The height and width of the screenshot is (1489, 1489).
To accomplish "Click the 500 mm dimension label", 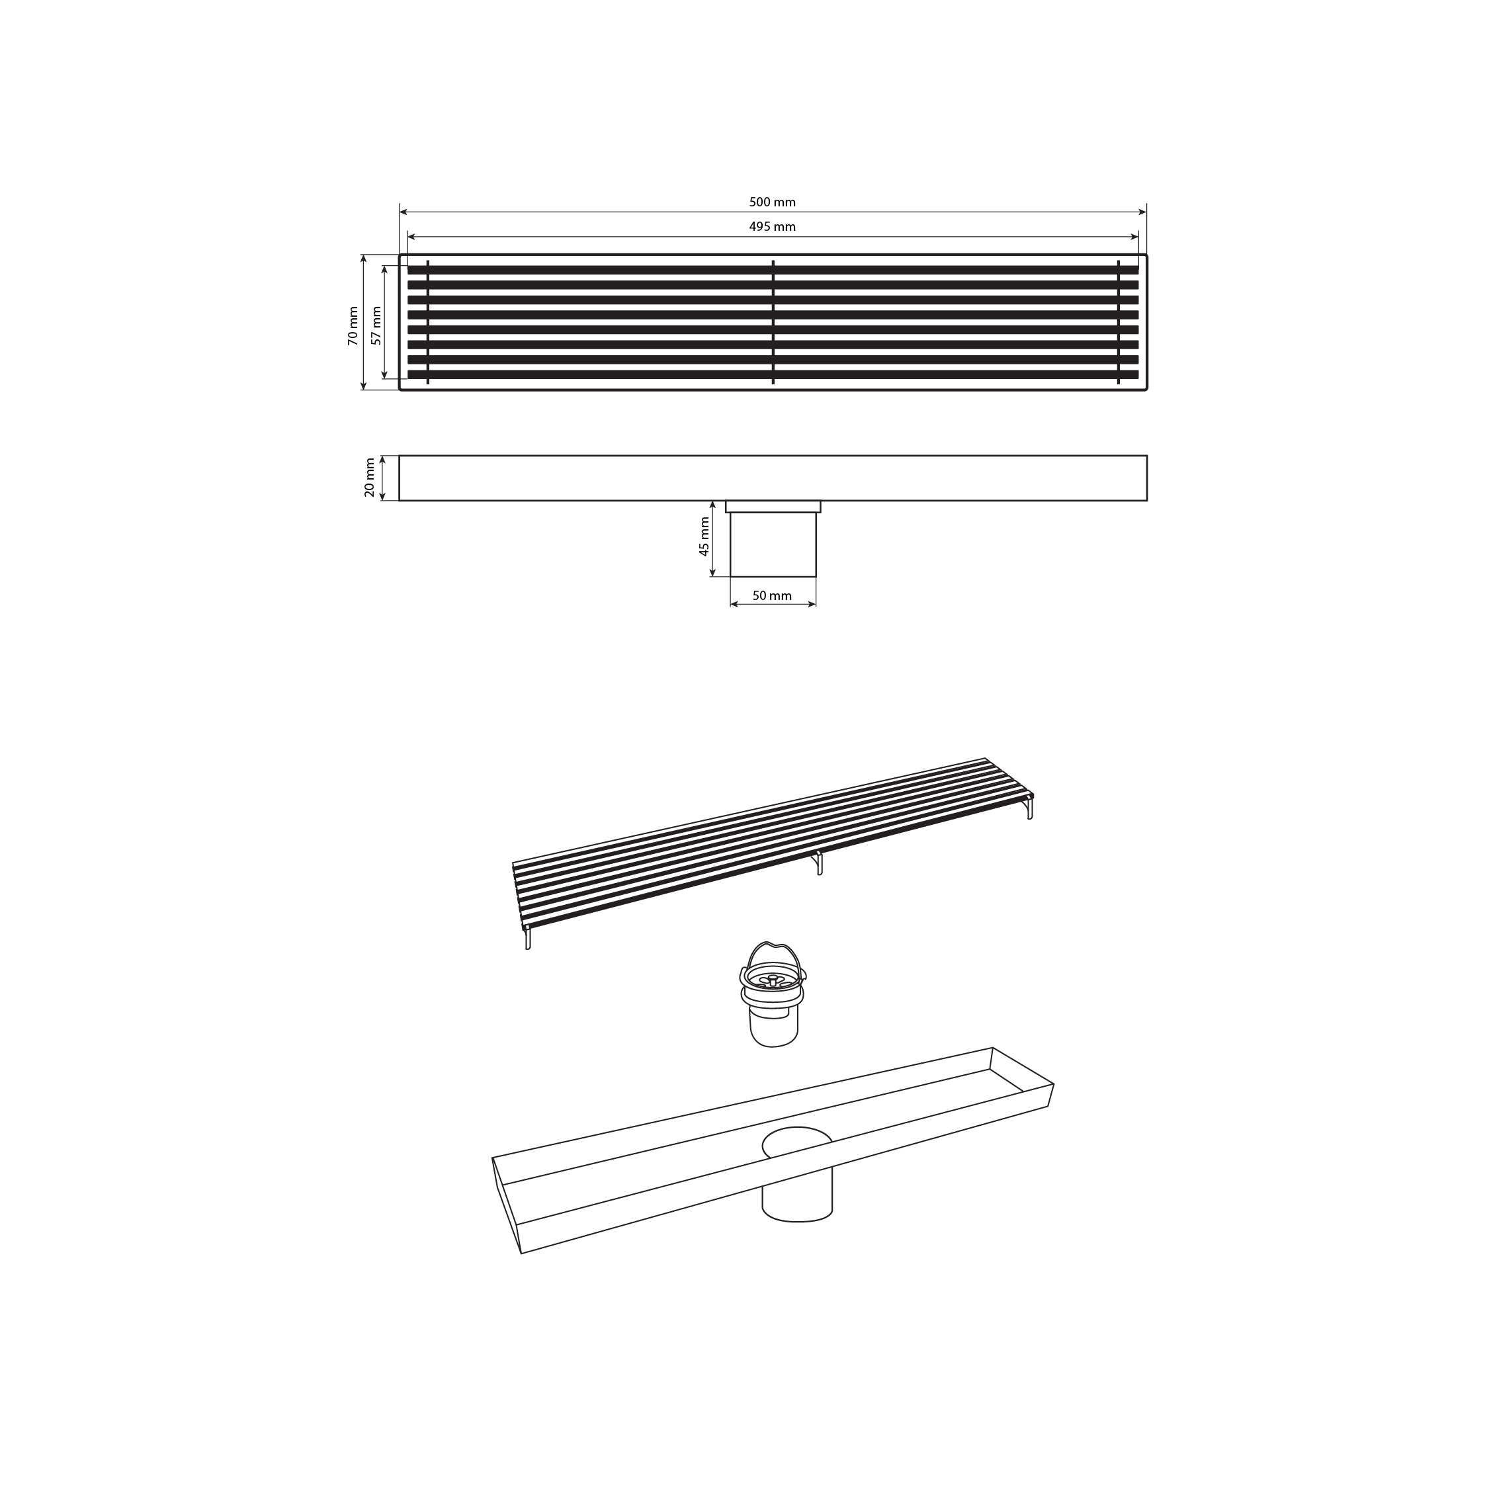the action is click(x=772, y=202).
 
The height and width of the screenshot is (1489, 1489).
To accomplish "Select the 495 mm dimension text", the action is click(x=772, y=227).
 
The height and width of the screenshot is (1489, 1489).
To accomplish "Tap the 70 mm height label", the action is click(x=353, y=326).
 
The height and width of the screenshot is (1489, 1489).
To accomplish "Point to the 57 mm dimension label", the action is click(x=376, y=326).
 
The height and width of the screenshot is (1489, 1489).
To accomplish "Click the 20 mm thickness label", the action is click(x=370, y=478).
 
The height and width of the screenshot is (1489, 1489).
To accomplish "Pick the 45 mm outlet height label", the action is click(x=704, y=537).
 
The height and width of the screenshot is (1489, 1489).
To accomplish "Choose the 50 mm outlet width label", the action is click(x=772, y=596).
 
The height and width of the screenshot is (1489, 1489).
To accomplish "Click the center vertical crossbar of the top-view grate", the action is click(x=773, y=322).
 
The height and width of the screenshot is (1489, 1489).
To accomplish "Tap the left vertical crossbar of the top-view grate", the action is click(x=428, y=322).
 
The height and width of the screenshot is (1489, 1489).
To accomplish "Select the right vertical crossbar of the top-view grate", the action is click(x=1119, y=322).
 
